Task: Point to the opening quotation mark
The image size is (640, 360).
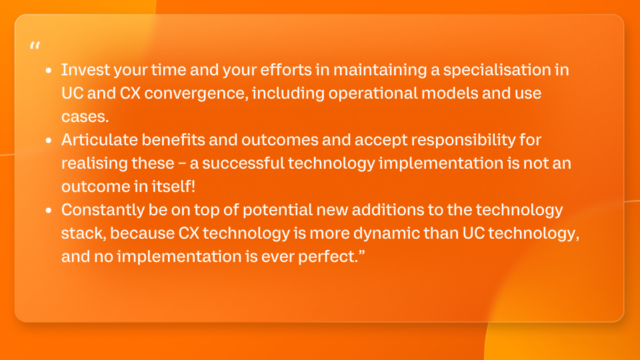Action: pos(36,46)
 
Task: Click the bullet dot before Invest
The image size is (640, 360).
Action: pos(49,71)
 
